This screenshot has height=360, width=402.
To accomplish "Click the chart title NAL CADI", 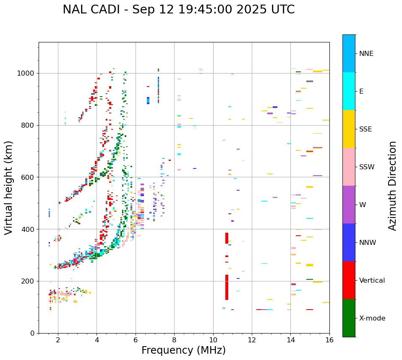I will [x=178, y=10].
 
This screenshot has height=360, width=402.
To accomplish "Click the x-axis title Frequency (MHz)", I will [x=183, y=350].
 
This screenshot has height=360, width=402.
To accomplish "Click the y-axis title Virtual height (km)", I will [x=9, y=187].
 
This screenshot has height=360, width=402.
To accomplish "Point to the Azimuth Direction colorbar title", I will [x=392, y=185].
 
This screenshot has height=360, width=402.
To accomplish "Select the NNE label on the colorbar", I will [x=366, y=54].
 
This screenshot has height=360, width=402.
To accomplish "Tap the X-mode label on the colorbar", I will [x=372, y=318].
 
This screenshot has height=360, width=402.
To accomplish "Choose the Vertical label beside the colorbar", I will [x=372, y=281].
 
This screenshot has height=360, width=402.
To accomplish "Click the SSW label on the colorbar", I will [x=367, y=167].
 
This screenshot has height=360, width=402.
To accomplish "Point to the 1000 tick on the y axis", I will [x=28, y=73].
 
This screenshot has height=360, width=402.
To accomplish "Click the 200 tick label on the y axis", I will [x=29, y=281].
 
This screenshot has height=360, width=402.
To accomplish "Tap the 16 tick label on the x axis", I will [x=329, y=340].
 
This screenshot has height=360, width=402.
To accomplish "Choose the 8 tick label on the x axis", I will [x=174, y=340].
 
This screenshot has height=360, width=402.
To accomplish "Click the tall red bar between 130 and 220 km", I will [x=227, y=287].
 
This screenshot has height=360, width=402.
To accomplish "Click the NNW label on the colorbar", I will [x=368, y=243].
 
